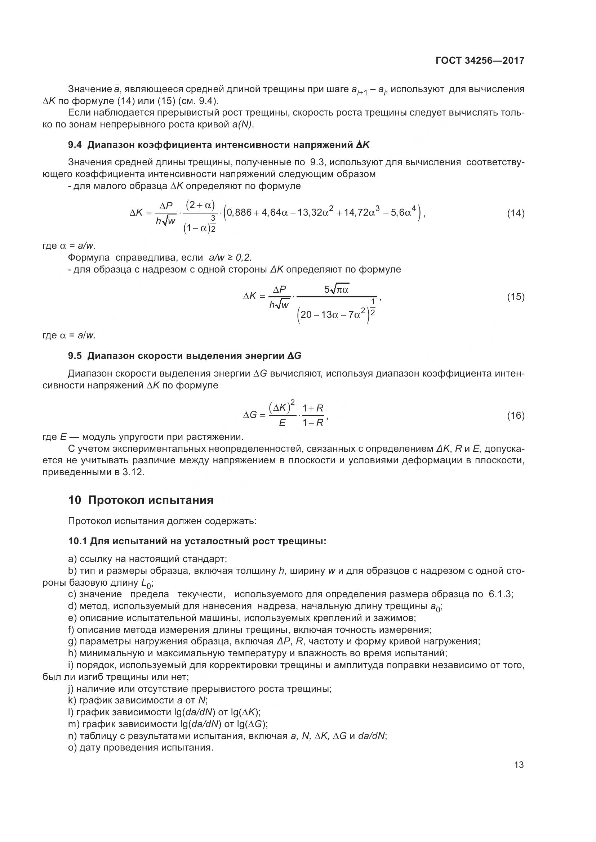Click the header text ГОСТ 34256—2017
[x=480, y=60]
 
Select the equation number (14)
[x=515, y=213]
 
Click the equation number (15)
[x=515, y=296]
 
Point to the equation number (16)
[x=515, y=415]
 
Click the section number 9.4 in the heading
[x=75, y=145]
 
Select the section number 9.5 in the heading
[x=75, y=356]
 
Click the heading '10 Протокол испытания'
[x=141, y=500]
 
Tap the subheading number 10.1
[x=77, y=541]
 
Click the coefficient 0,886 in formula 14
[x=239, y=213]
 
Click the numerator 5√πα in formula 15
[x=336, y=290]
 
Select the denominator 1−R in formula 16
[x=313, y=423]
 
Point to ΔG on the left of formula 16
[x=250, y=415]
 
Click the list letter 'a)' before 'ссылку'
[x=72, y=559]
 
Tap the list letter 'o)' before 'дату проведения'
[x=72, y=747]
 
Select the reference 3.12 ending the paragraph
[x=133, y=472]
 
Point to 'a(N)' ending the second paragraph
[x=242, y=125]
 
